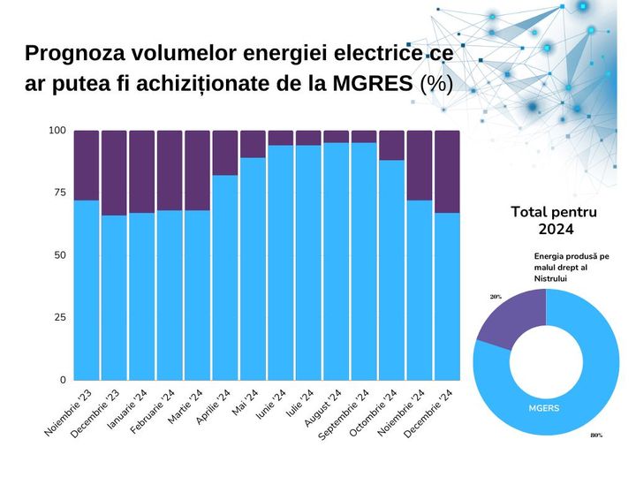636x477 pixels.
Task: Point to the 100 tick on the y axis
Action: (x=57, y=131)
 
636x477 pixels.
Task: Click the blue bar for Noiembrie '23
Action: (x=86, y=291)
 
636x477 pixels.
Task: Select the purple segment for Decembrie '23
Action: (x=114, y=173)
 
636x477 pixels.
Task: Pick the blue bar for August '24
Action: (x=336, y=261)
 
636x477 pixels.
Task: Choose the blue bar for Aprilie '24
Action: (x=225, y=278)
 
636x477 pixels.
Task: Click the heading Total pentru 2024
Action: (x=554, y=221)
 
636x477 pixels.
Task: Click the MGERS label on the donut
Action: (x=544, y=409)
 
